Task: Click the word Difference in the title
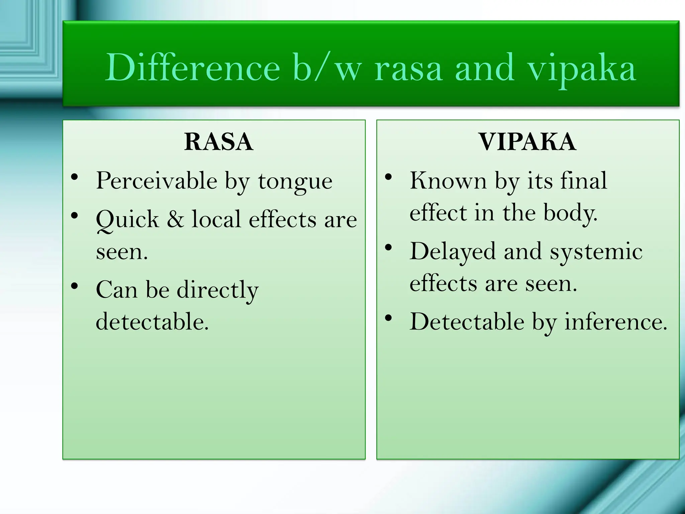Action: tap(192, 68)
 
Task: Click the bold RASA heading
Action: tap(218, 142)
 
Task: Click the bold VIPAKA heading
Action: tap(527, 142)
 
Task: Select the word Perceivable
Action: tap(156, 180)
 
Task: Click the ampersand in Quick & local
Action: tap(175, 219)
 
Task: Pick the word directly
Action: tap(217, 290)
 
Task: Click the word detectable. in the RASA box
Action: tap(152, 322)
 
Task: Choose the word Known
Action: tap(448, 180)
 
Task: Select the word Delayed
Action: tap(452, 251)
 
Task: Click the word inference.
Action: tap(616, 322)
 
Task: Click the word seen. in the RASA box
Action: tap(122, 252)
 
